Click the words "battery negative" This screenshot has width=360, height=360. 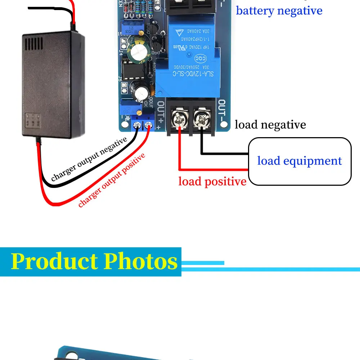click(x=279, y=11)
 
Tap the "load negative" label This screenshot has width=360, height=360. click(x=270, y=125)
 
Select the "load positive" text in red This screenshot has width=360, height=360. click(x=212, y=181)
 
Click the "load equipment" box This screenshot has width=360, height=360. click(x=300, y=161)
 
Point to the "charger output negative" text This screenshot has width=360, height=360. click(x=89, y=159)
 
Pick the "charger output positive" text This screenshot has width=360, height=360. click(x=112, y=180)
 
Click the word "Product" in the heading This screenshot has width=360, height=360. click(x=54, y=262)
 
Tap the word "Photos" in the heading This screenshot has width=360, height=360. click(x=141, y=262)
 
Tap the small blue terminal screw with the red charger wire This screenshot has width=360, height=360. click(x=148, y=126)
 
